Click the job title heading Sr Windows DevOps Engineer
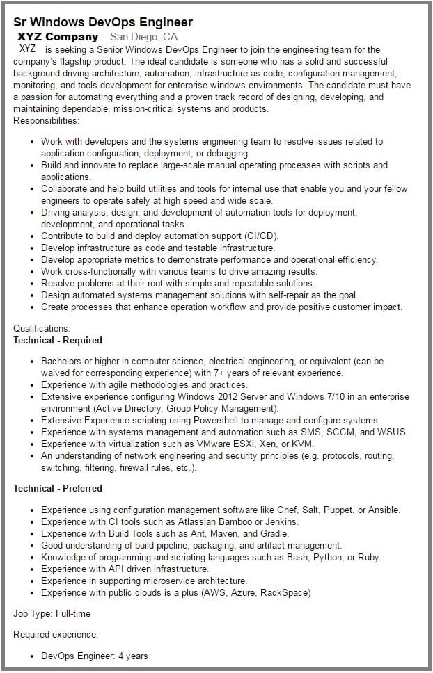pos(103,22)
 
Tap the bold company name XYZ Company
pos(58,36)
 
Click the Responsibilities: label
pos(46,120)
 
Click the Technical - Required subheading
pos(58,340)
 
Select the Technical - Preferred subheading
pos(58,488)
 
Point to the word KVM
pos(303,444)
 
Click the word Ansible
pos(384,510)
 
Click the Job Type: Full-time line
pos(52,614)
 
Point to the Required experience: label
pos(56,635)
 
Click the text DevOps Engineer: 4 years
pos(94,656)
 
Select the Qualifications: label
pos(42,328)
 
